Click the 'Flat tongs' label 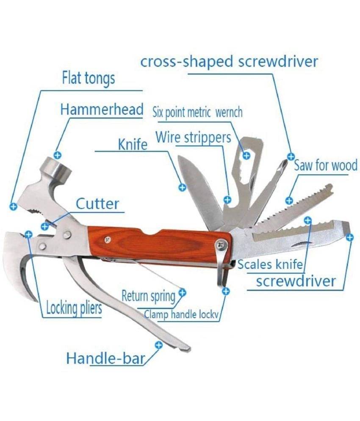89,78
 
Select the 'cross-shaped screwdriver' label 229,61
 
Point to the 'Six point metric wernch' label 197,112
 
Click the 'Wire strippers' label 193,137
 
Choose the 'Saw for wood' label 326,165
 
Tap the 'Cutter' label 97,204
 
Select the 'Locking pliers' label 74,308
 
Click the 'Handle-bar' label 105,358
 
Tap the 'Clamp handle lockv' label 181,314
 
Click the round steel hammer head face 55,167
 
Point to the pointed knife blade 201,191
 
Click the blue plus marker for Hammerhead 58,155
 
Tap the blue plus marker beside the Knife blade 182,187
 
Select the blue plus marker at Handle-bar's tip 159,345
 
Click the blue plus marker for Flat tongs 13,206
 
